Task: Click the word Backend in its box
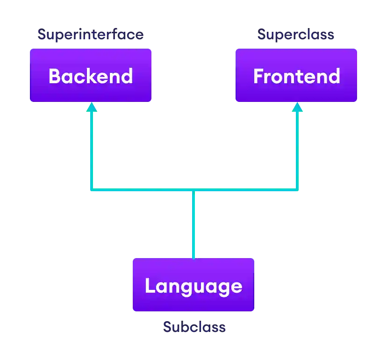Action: coord(91,76)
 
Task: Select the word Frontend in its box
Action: coord(296,76)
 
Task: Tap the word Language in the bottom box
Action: coord(193,286)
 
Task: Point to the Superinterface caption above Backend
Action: coord(91,35)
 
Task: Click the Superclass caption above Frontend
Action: coord(296,35)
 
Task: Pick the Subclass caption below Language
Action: coord(194,326)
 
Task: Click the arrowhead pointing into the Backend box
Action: coord(92,108)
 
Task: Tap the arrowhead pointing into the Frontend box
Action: coord(297,108)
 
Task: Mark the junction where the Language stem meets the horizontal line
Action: coord(193,190)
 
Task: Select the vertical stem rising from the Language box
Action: coord(193,224)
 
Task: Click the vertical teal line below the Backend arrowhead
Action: coord(92,150)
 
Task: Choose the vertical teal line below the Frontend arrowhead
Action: coord(297,150)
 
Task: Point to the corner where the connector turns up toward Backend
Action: coord(92,190)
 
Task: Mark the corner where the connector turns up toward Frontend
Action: coord(297,190)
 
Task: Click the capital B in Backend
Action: coord(55,76)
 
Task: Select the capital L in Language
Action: coord(150,286)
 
